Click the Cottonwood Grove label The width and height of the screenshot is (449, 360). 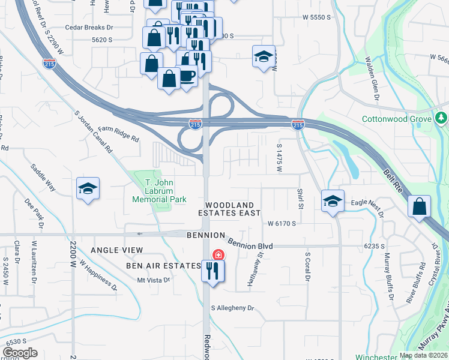[396, 119]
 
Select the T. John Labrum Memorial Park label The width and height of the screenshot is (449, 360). [159, 190]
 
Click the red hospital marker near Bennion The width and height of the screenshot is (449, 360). [218, 254]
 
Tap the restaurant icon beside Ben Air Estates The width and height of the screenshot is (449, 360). [212, 271]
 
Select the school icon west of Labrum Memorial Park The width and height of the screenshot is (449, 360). [88, 188]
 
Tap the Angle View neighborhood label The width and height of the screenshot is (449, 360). [117, 250]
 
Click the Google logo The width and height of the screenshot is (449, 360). [20, 353]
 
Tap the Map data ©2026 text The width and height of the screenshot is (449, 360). [424, 355]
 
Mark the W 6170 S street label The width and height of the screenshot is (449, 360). [282, 224]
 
